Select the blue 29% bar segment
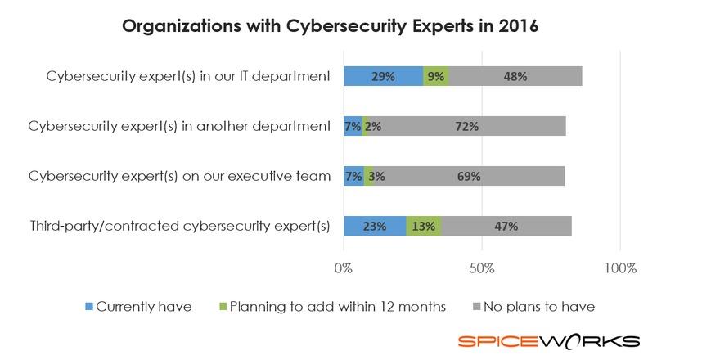(x=383, y=76)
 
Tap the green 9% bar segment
(x=436, y=76)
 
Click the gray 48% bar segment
(x=515, y=76)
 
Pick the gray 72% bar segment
(x=468, y=126)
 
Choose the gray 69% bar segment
(x=469, y=176)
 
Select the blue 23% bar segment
(x=375, y=227)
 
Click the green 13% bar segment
(x=424, y=227)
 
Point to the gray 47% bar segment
(x=506, y=227)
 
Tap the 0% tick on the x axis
(x=344, y=268)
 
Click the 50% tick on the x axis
(x=482, y=268)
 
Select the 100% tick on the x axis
(x=619, y=268)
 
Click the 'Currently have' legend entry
(x=138, y=307)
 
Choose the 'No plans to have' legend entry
(x=534, y=307)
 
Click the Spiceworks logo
(x=548, y=341)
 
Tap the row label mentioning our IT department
(x=188, y=77)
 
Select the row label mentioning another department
(x=179, y=127)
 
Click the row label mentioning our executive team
(x=179, y=177)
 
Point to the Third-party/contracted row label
(x=179, y=227)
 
